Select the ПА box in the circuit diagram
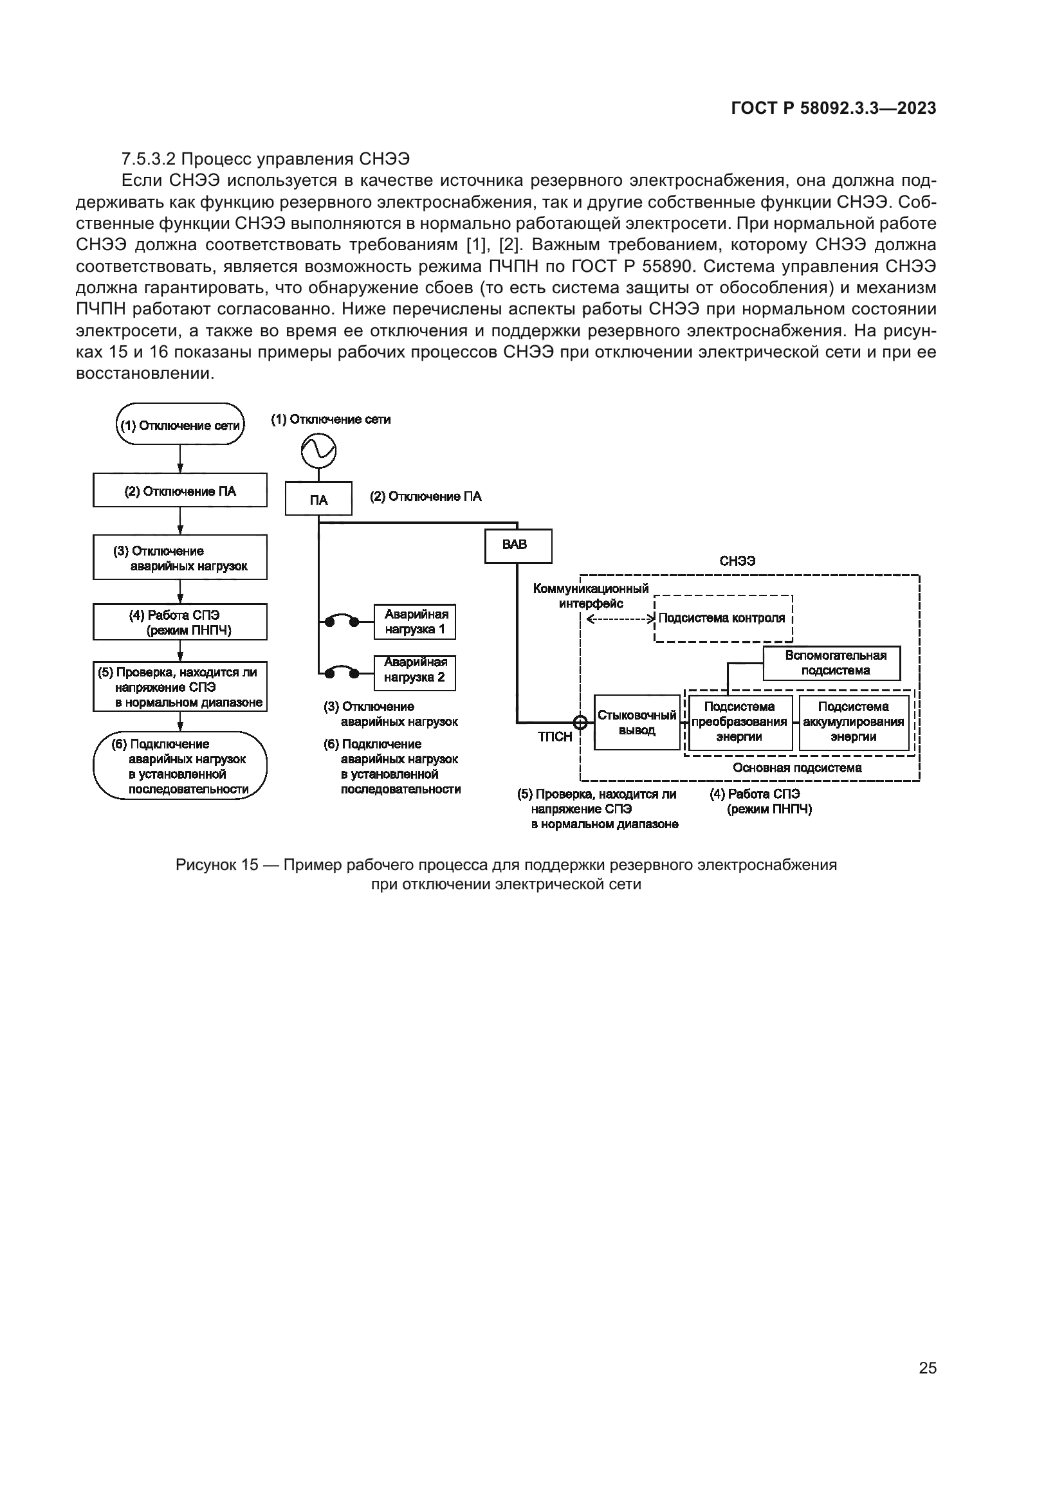pyautogui.click(x=318, y=500)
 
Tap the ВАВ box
pyautogui.click(x=518, y=546)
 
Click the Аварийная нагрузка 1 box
pyautogui.click(x=415, y=622)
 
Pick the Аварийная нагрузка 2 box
pyautogui.click(x=415, y=672)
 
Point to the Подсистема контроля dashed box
pyautogui.click(x=722, y=618)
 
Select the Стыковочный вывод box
pyautogui.click(x=636, y=723)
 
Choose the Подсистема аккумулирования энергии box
pyautogui.click(x=853, y=722)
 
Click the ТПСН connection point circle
pyautogui.click(x=580, y=723)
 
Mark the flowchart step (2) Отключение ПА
pyautogui.click(x=179, y=491)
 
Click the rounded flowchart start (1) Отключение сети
pyautogui.click(x=179, y=425)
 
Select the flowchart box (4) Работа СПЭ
pyautogui.click(x=179, y=622)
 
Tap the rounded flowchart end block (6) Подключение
pyautogui.click(x=179, y=766)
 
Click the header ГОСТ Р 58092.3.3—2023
pyautogui.click(x=833, y=109)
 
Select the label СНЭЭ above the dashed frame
pyautogui.click(x=737, y=561)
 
